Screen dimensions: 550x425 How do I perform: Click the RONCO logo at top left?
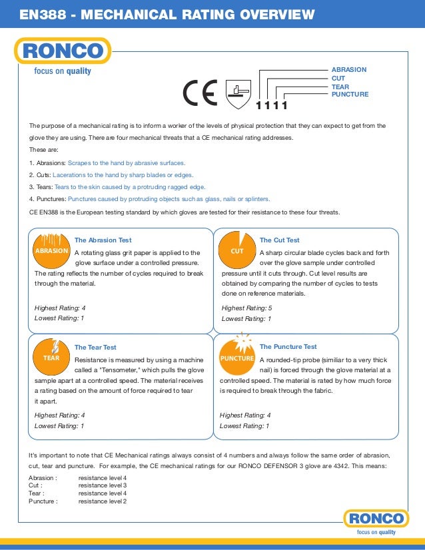[63, 51]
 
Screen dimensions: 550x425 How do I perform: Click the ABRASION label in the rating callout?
[348, 69]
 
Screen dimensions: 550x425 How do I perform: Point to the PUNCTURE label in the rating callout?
[350, 95]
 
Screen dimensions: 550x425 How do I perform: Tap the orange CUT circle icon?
[237, 251]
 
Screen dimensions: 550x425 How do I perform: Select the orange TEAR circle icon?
[52, 357]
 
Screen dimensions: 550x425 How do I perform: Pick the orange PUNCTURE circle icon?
[237, 358]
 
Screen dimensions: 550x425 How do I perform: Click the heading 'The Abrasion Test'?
[103, 240]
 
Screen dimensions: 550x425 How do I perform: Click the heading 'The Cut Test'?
[279, 240]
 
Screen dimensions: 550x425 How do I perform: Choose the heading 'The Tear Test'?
[95, 347]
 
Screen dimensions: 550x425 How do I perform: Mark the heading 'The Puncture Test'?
[288, 347]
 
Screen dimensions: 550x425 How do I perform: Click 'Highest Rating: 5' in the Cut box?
[246, 308]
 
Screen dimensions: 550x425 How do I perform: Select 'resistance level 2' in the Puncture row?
[102, 501]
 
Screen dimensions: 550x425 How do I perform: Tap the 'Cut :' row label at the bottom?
[36, 486]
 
